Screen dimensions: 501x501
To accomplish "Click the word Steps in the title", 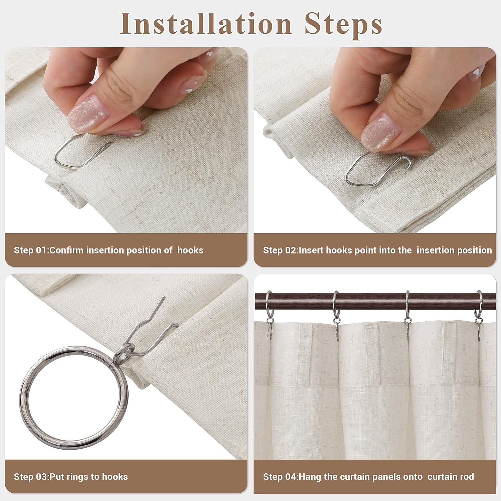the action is point(343,25).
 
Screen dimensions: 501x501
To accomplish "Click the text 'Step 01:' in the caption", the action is point(31,250).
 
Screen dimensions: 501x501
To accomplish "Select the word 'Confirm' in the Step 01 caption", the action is point(66,250).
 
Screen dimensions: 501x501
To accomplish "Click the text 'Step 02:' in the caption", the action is point(281,250).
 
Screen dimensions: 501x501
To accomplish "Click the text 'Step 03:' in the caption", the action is point(31,477).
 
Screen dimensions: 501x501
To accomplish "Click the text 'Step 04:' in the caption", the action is point(281,477).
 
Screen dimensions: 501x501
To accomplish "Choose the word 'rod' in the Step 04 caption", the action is point(467,477).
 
